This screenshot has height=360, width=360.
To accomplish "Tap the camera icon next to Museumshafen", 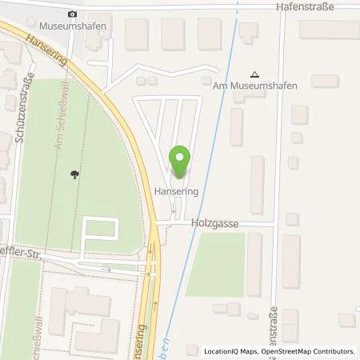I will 73,14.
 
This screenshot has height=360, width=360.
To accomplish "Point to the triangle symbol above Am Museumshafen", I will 255,73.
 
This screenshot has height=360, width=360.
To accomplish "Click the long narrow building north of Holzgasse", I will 257,185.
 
